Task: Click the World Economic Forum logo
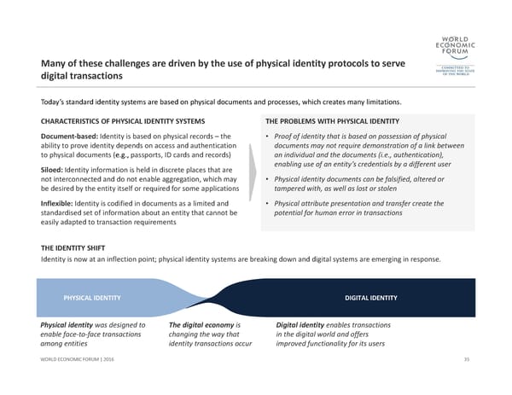455,55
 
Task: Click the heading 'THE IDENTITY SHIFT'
73,248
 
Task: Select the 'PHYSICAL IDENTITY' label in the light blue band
92,298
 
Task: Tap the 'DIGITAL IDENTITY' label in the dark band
371,298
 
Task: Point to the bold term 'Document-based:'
69,137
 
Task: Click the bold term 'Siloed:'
51,170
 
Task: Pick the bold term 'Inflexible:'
57,203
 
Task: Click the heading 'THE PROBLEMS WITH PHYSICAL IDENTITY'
333,121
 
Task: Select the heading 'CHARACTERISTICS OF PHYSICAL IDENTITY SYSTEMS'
123,121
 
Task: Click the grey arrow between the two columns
253,172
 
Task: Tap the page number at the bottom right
467,359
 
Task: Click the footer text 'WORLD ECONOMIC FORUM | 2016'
77,359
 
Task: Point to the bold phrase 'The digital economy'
201,325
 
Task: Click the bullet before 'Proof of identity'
267,137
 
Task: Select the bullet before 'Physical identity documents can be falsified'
267,179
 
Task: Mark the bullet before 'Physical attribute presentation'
267,203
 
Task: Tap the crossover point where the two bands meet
207,300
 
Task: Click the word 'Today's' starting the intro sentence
52,102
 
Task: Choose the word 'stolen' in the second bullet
387,189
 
